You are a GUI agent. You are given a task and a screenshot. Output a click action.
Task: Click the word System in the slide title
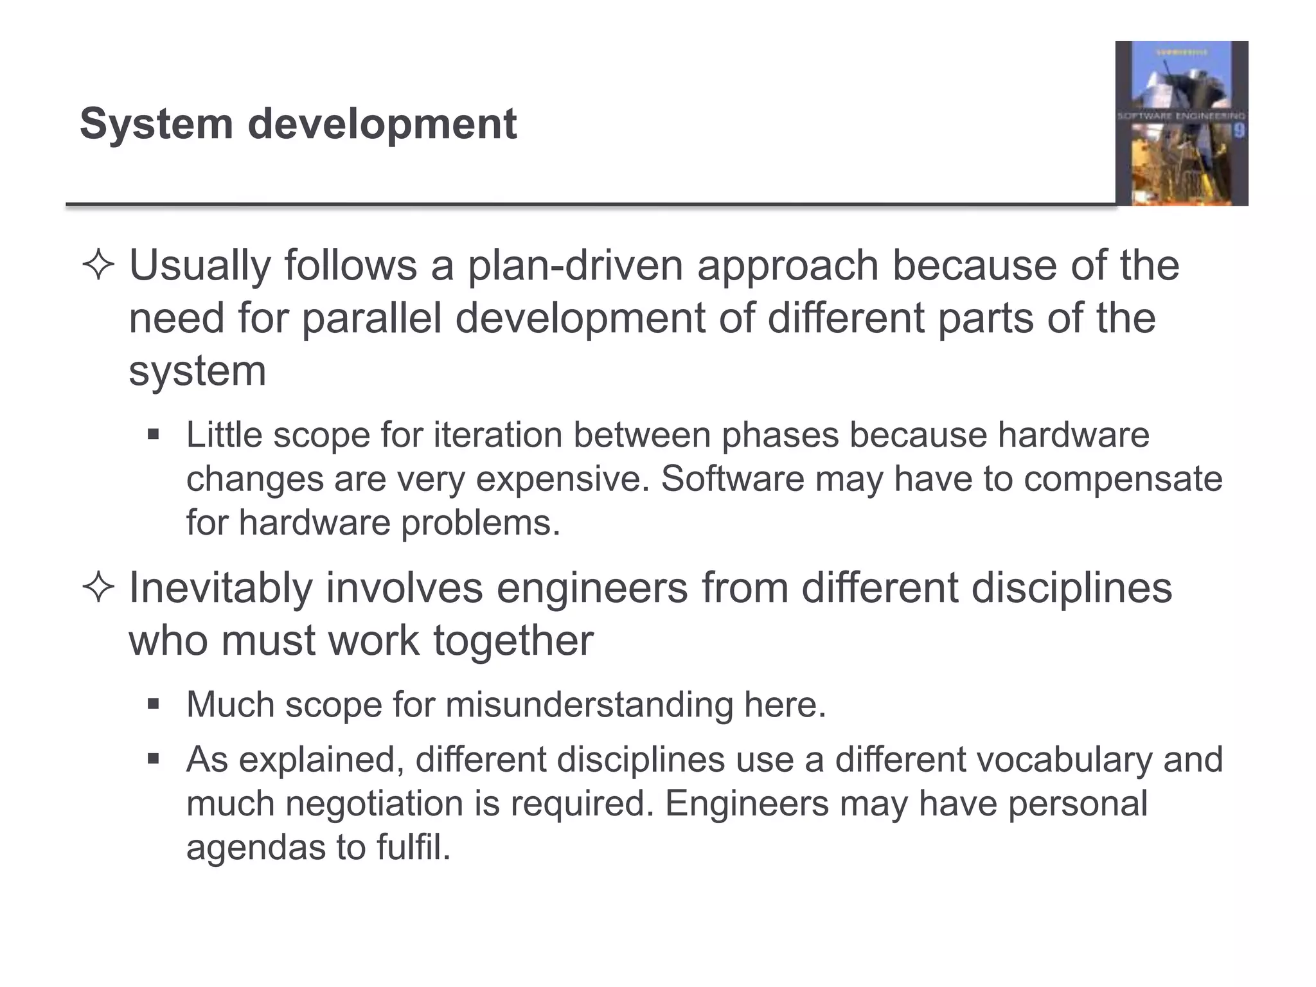point(156,124)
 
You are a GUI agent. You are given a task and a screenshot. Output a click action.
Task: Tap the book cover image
point(1181,123)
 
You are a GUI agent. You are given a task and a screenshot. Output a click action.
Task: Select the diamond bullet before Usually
point(98,265)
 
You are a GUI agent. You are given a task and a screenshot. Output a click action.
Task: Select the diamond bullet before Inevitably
point(98,588)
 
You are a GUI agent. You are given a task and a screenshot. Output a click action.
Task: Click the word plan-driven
point(574,265)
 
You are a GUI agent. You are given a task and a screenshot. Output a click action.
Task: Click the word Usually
point(199,265)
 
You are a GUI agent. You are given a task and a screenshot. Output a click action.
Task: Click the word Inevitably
point(220,588)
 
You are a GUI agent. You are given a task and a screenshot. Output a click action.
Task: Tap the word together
point(513,641)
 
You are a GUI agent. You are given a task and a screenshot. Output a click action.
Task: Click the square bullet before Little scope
point(153,435)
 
